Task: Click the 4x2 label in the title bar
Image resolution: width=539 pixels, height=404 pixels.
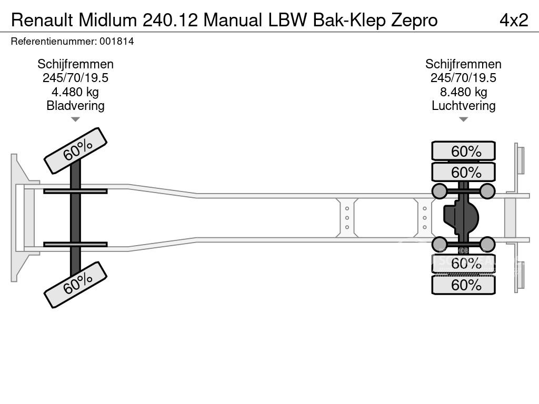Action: pyautogui.click(x=513, y=19)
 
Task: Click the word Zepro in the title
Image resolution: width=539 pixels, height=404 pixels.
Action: pyautogui.click(x=414, y=20)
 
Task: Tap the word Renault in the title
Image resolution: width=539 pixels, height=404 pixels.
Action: pyautogui.click(x=42, y=19)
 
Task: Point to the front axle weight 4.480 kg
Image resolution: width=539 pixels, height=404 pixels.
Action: pyautogui.click(x=75, y=92)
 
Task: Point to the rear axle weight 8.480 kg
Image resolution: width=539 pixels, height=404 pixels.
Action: pyautogui.click(x=463, y=92)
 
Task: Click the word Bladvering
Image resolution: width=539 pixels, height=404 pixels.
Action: pyautogui.click(x=75, y=106)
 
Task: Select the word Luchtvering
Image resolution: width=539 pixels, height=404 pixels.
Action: pyautogui.click(x=463, y=106)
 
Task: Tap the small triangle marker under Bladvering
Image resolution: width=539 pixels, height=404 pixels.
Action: pyautogui.click(x=75, y=119)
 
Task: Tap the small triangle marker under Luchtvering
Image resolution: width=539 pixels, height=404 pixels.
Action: pyautogui.click(x=463, y=119)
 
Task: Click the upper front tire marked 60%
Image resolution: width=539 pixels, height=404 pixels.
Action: pyautogui.click(x=75, y=150)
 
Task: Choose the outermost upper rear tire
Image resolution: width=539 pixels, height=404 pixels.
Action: pyautogui.click(x=463, y=151)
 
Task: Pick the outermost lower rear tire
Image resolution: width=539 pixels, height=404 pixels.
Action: pyautogui.click(x=463, y=285)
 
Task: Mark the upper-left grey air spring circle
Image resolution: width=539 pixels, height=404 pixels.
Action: pyautogui.click(x=440, y=190)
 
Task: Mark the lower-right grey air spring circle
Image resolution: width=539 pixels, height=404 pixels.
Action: pyautogui.click(x=487, y=244)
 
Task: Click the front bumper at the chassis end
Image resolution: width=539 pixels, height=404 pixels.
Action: pyautogui.click(x=19, y=217)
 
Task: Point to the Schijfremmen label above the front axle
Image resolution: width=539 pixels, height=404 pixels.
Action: pyautogui.click(x=75, y=64)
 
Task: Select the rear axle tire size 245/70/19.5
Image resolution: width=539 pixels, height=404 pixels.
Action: pyautogui.click(x=463, y=78)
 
